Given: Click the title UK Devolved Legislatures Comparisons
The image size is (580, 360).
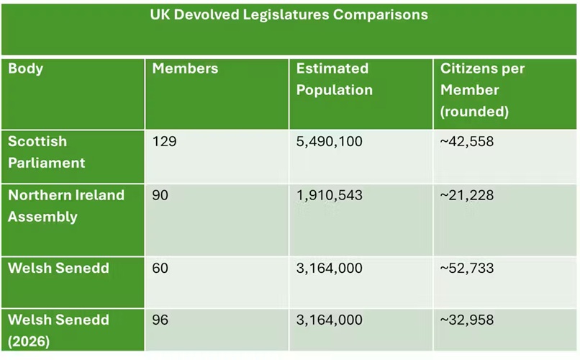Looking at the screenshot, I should coord(289,14).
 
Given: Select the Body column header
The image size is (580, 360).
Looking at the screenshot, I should coord(26,69).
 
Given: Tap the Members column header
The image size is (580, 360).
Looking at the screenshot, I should coord(185,69).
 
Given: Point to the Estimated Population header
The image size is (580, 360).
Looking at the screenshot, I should coord(334,79).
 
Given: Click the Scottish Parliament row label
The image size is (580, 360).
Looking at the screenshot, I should coord(46,152).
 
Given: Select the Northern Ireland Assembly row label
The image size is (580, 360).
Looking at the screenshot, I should coord(66,206).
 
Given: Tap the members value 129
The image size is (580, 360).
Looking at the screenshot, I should coord(164,142).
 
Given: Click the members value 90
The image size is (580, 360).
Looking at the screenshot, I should coord(160,196).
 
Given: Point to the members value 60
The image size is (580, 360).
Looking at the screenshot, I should coord(160,269).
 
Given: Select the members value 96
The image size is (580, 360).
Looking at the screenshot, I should coord(160,320).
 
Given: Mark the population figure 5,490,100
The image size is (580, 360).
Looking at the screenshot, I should coord(329,142).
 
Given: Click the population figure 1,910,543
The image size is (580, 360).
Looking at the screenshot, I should coord(329,196).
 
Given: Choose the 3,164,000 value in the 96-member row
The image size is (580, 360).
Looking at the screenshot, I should coord(329,320).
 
